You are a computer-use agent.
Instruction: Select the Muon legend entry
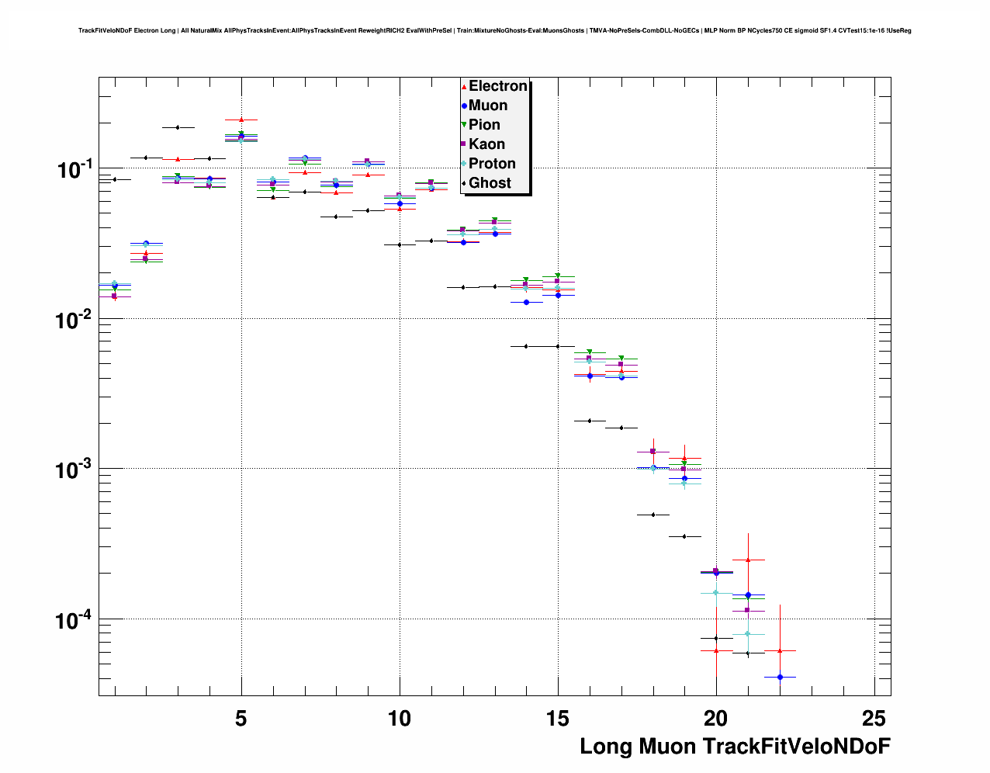coord(487,106)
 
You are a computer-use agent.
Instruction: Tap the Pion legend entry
coord(484,125)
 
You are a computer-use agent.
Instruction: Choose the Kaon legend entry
coord(486,144)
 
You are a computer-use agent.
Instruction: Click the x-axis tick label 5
coord(241,719)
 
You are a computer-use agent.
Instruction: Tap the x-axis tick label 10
coord(399,719)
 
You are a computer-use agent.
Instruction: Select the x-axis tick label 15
coord(557,719)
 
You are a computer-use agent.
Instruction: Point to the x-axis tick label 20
coord(715,719)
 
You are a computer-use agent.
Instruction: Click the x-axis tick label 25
coord(874,719)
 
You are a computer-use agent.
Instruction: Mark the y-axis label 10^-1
coord(75,168)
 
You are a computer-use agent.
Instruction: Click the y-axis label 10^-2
coord(75,319)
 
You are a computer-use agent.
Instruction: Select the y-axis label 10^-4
coord(75,619)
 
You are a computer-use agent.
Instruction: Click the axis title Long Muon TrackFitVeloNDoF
coord(735,747)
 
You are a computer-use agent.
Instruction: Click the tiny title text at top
coord(495,31)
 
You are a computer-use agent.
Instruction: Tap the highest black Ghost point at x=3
coord(178,127)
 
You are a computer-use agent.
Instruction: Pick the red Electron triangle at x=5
coord(241,120)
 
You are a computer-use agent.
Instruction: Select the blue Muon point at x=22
coord(780,677)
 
